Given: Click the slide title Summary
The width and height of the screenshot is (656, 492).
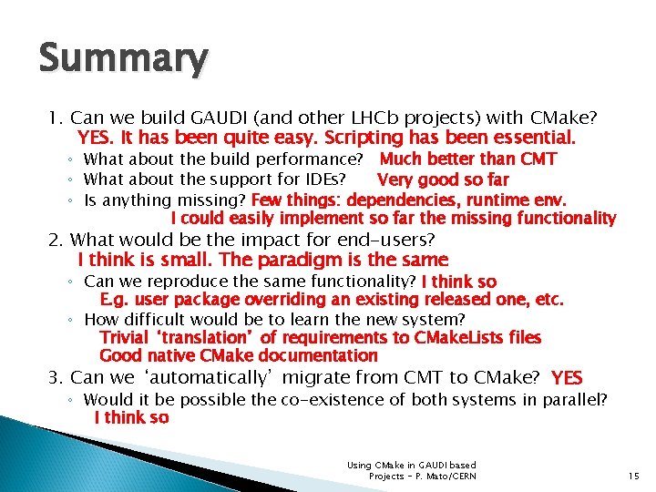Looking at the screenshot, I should pyautogui.click(x=123, y=58).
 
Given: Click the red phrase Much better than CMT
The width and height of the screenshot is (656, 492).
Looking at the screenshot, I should pyautogui.click(x=467, y=159).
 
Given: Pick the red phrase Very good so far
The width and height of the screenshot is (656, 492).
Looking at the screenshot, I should pyautogui.click(x=442, y=179).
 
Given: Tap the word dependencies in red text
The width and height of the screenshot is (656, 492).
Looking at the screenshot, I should pyautogui.click(x=392, y=200).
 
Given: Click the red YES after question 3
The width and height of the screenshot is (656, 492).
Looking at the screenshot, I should pyautogui.click(x=567, y=377).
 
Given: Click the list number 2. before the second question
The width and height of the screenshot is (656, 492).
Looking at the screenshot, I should pyautogui.click(x=56, y=240).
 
